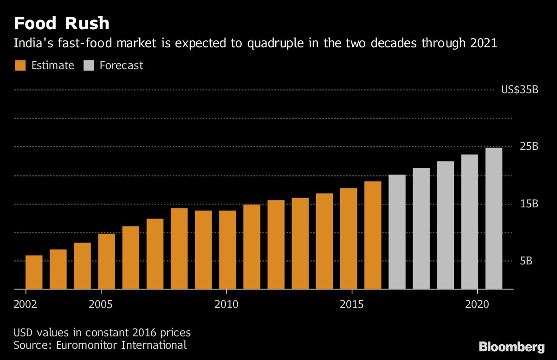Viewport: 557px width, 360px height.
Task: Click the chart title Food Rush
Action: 61,23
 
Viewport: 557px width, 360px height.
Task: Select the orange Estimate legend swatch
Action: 20,65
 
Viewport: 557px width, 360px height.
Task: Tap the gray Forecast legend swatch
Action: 89,65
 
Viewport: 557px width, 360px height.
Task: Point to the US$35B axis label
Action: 520,90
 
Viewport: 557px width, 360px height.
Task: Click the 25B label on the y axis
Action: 529,146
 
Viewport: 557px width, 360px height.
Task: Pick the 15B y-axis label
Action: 529,204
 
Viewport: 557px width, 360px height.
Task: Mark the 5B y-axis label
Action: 526,261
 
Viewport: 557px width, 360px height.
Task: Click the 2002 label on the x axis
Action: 26,304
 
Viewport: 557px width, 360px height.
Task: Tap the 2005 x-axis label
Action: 101,304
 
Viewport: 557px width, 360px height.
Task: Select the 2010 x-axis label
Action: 227,304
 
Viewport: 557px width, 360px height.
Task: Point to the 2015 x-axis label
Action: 352,304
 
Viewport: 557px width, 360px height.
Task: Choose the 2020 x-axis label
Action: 477,304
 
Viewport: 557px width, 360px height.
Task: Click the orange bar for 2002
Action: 34,272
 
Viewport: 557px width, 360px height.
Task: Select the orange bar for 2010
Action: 227,250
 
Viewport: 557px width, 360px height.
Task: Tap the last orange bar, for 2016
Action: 373,235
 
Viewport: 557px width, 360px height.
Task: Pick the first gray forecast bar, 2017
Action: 397,232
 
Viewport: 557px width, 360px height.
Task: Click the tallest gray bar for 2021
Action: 494,219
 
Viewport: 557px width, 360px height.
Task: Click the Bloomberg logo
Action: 512,347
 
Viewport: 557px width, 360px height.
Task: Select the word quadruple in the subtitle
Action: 276,44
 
